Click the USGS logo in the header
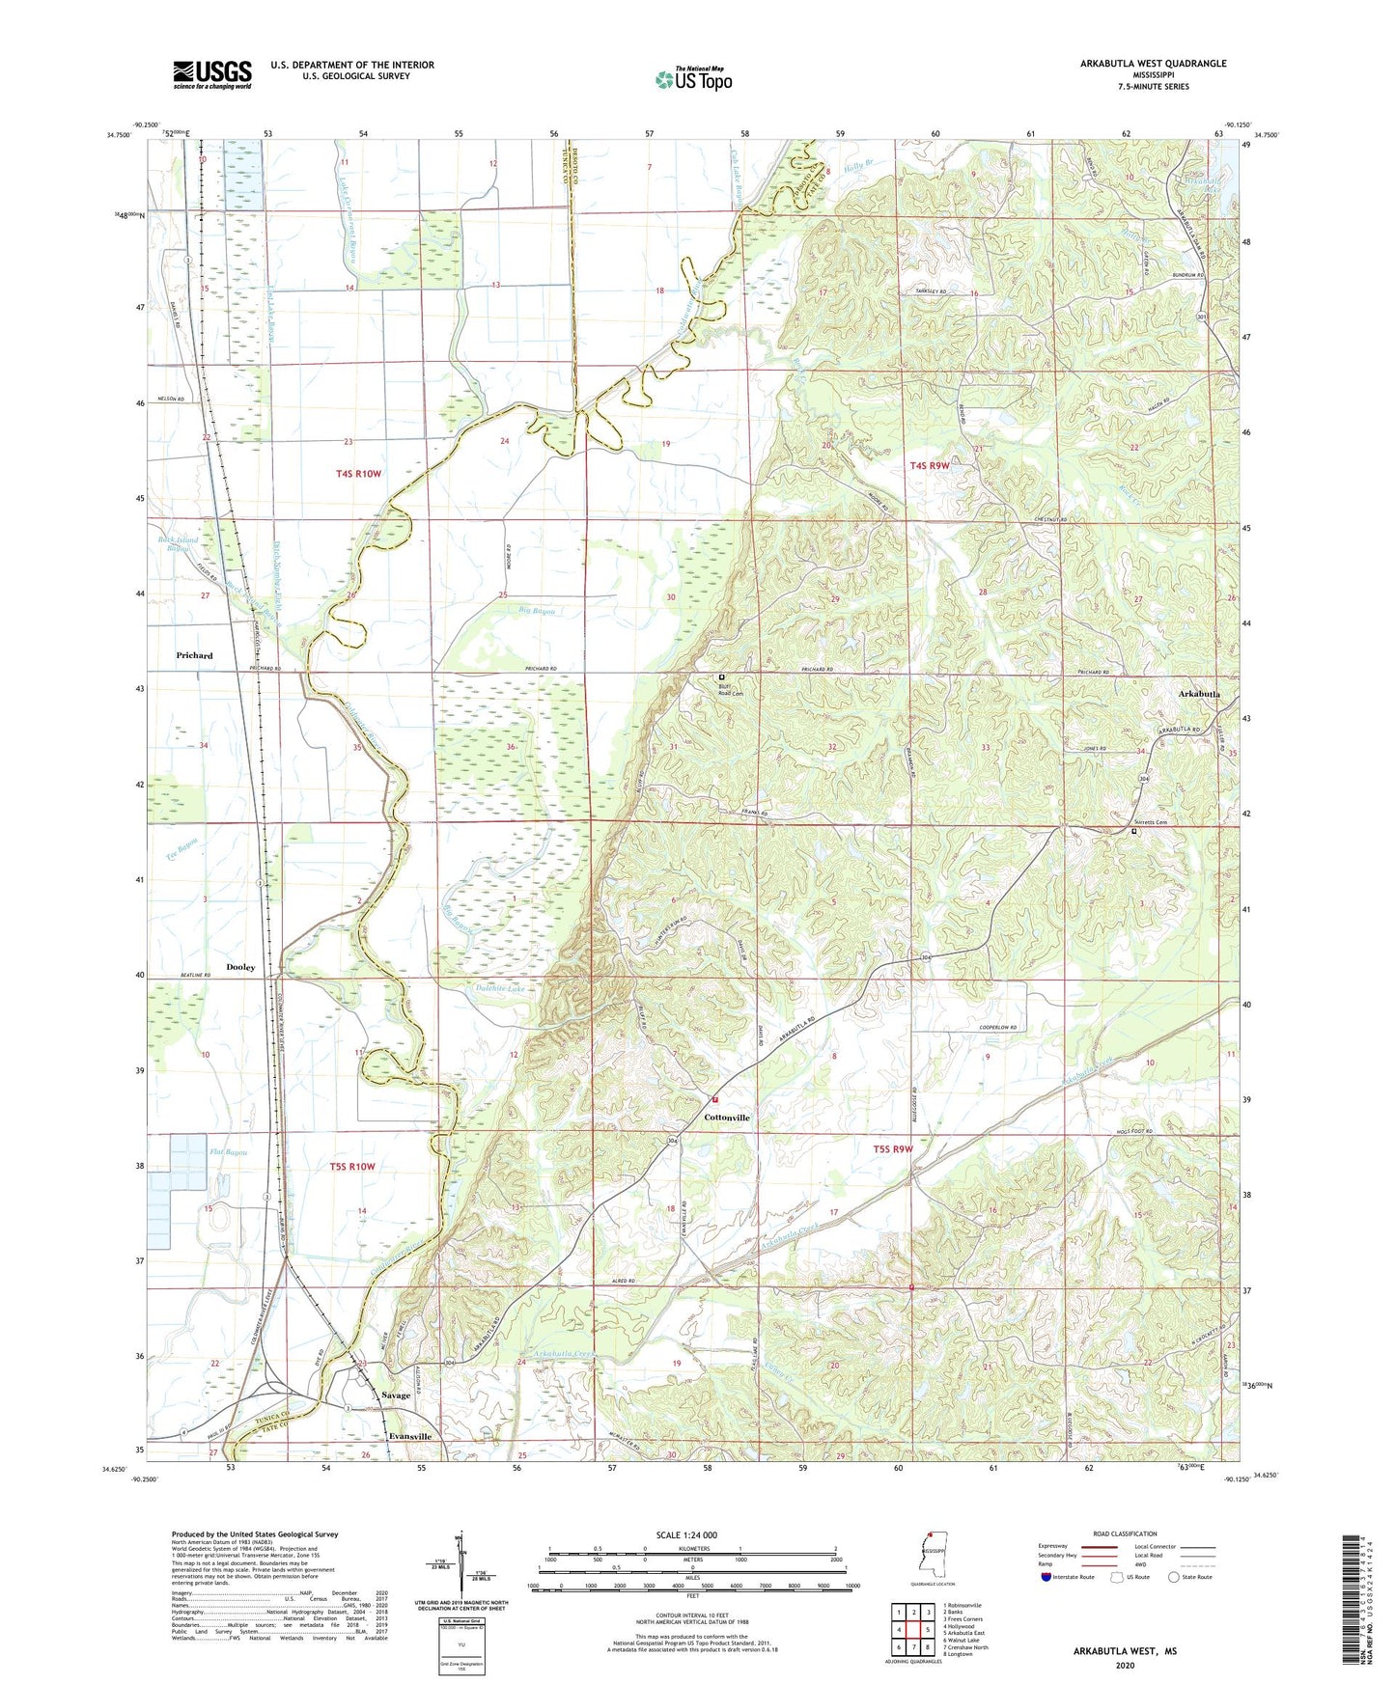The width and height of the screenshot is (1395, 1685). coord(212,74)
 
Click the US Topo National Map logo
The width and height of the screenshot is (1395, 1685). coord(693,79)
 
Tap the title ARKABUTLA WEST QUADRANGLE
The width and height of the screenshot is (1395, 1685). coord(1153,64)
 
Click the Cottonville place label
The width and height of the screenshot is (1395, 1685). coord(726,1118)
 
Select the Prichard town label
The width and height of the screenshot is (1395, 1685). coord(194,655)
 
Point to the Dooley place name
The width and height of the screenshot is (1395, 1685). coord(240,967)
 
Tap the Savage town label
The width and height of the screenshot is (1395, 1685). coord(396,1395)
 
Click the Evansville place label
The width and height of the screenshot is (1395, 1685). coord(409,1436)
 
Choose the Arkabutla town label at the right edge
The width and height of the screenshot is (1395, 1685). coord(1199,694)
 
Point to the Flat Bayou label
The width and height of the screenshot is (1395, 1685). coord(229,1152)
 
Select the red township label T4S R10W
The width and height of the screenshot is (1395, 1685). coord(359,474)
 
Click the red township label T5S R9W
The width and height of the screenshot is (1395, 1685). coord(893,1149)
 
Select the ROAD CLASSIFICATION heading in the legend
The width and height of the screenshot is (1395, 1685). coord(1125,1533)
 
